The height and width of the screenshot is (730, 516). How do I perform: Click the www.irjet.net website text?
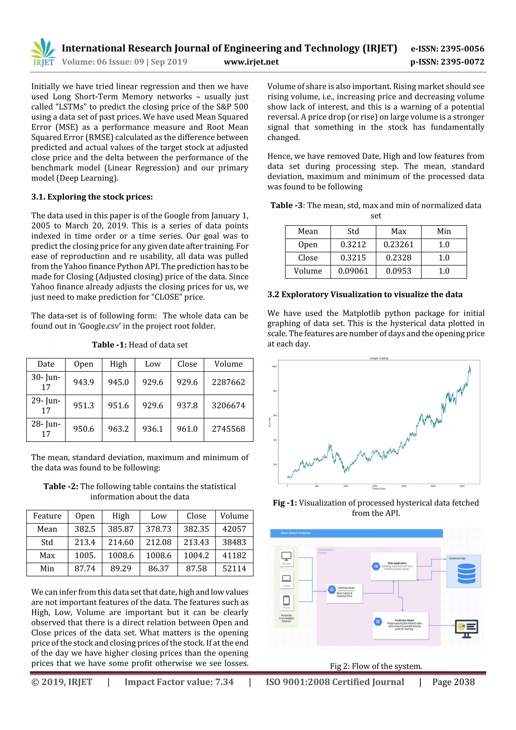(251, 62)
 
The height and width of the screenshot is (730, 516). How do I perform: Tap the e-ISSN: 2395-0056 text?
(447, 49)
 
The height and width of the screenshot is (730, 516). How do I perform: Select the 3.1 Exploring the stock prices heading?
(92, 197)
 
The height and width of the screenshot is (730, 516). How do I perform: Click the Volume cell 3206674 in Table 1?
(228, 405)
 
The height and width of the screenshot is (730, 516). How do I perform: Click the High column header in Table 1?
(118, 364)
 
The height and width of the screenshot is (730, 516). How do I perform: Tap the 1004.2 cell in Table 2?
(196, 555)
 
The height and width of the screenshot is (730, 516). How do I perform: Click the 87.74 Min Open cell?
(85, 568)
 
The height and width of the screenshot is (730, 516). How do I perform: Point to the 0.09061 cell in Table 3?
(353, 271)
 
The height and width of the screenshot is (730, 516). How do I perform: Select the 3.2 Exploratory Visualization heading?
(365, 294)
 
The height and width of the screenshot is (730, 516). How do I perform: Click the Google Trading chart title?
(378, 358)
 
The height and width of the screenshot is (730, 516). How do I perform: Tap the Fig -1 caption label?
(285, 503)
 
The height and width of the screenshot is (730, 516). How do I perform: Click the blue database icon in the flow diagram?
(466, 573)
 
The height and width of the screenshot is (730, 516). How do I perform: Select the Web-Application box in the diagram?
(394, 566)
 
